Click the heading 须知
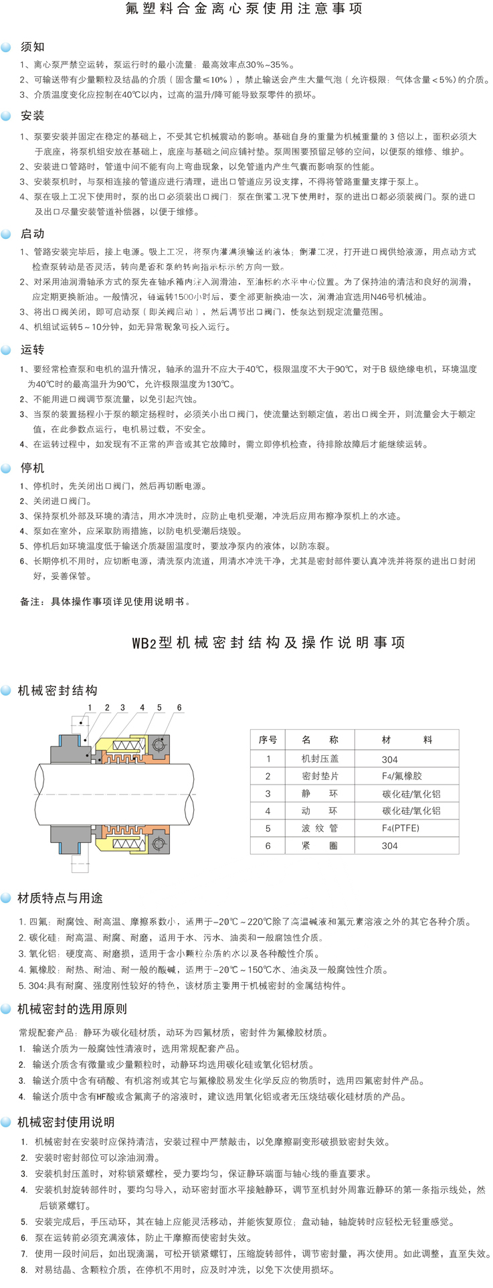tap(32, 47)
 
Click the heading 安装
tap(32, 116)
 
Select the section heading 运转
tap(32, 349)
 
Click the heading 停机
tap(32, 467)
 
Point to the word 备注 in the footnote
tap(30, 602)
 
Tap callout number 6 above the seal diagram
tap(179, 708)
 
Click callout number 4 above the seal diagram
tap(142, 708)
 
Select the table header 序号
tap(268, 740)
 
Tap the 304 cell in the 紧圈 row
tap(389, 846)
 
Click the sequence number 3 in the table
tap(268, 793)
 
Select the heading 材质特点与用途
tap(60, 898)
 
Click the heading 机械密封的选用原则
tap(72, 1009)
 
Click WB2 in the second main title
tap(144, 643)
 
